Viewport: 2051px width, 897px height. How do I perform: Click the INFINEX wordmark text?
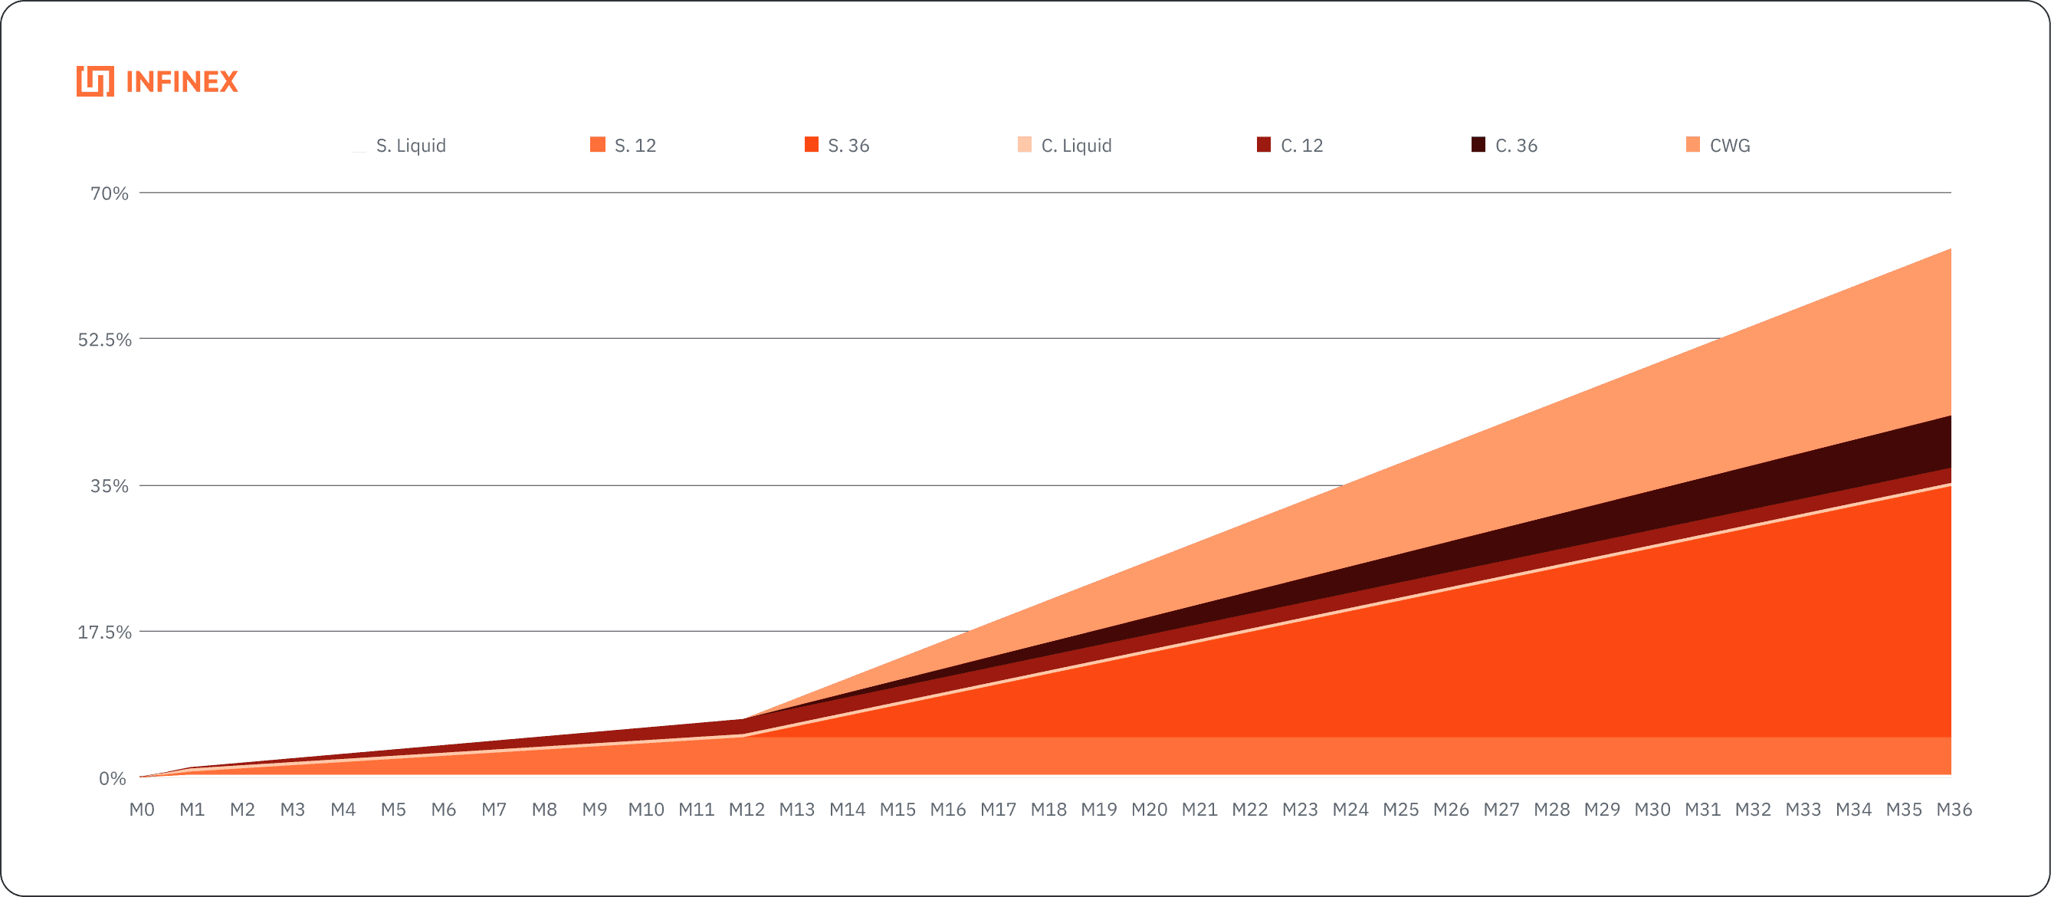(x=182, y=82)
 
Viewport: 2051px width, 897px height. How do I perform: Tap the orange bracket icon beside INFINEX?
(x=95, y=82)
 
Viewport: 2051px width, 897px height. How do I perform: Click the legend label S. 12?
(x=635, y=146)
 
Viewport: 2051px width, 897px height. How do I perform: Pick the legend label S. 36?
(x=847, y=146)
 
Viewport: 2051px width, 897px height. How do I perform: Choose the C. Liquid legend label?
(x=1076, y=146)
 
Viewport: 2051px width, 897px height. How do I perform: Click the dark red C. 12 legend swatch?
(x=1264, y=145)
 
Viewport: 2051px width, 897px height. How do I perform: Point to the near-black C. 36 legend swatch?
(x=1478, y=145)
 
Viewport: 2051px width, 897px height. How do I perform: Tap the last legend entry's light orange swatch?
(x=1694, y=145)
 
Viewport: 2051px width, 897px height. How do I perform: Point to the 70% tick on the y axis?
(x=109, y=193)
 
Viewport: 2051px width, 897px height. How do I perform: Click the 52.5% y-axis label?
(x=104, y=340)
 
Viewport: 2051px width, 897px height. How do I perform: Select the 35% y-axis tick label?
(x=109, y=487)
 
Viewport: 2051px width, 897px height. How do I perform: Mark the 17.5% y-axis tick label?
(x=104, y=632)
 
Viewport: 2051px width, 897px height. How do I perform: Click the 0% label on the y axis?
(x=112, y=778)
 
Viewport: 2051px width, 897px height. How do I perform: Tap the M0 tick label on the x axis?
(x=142, y=810)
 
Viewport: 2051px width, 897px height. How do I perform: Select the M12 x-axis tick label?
(x=746, y=810)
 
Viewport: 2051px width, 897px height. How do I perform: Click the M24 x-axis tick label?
(x=1350, y=810)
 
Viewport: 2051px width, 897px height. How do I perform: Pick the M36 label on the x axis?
(x=1953, y=810)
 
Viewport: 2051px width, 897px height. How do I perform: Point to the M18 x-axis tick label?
(x=1048, y=810)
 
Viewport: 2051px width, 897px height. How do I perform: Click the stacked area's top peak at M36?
(x=1950, y=249)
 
